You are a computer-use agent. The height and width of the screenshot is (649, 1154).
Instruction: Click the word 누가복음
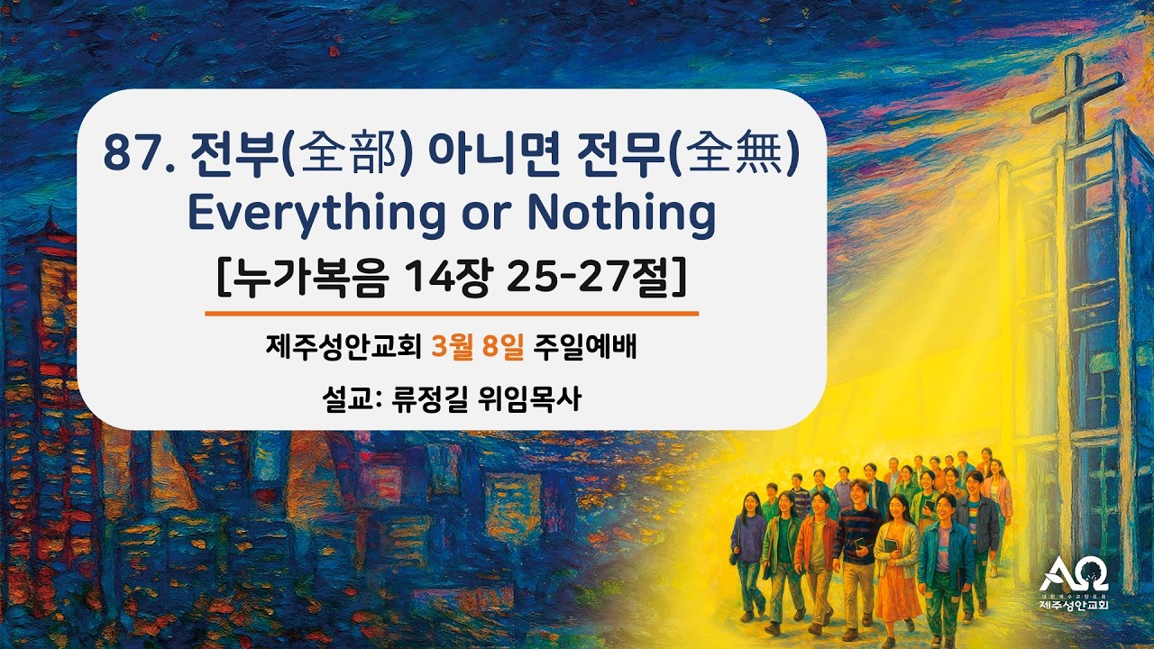(x=303, y=276)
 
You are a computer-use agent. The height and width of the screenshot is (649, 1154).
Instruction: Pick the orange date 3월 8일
(x=478, y=347)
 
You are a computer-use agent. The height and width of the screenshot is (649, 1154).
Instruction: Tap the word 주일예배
(x=585, y=347)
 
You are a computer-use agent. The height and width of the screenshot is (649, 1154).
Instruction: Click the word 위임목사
(x=538, y=398)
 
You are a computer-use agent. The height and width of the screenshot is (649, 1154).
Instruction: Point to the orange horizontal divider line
(x=452, y=314)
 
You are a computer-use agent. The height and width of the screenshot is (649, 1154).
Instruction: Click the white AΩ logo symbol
(x=1073, y=574)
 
